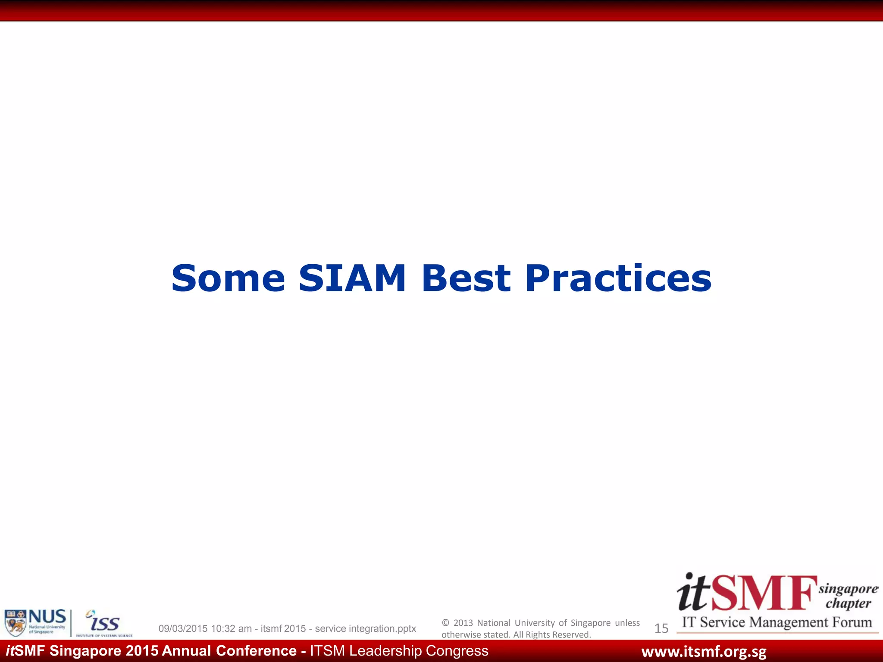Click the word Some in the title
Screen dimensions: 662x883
coord(228,278)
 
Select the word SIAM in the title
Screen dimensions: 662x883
coord(352,278)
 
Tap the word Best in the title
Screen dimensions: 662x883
coord(466,278)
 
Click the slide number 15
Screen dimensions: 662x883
coord(661,628)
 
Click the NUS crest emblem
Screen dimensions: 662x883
coord(16,623)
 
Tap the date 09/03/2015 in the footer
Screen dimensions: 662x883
coord(183,629)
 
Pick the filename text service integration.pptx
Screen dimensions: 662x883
coord(365,629)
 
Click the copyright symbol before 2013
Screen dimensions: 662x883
coord(445,623)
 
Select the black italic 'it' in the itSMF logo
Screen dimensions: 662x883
coord(693,593)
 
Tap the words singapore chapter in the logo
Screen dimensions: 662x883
coord(848,596)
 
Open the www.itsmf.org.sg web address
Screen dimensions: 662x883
coord(704,652)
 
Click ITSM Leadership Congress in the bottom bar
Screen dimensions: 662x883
coord(399,651)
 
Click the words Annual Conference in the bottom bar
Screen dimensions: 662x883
coord(229,651)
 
